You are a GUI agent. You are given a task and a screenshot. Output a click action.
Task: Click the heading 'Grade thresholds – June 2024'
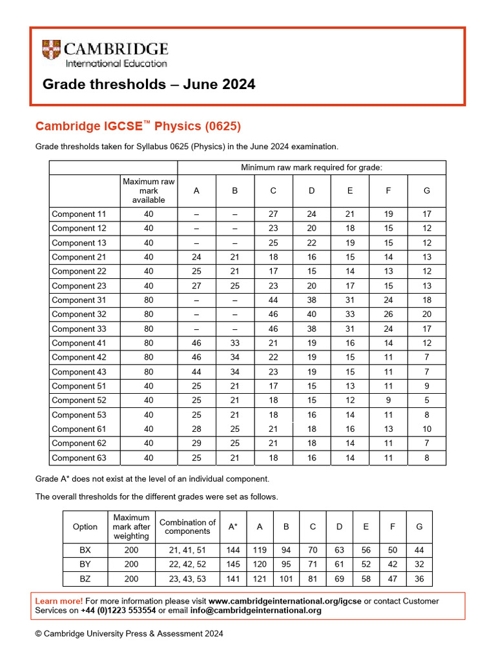[149, 85]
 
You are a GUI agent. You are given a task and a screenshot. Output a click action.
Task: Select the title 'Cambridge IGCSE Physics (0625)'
[138, 125]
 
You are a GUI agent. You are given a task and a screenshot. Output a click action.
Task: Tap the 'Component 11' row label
[79, 214]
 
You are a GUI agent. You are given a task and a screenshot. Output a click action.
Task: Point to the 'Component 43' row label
[79, 372]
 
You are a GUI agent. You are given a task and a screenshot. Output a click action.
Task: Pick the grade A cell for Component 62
[196, 443]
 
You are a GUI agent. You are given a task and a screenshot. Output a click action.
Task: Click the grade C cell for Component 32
[273, 314]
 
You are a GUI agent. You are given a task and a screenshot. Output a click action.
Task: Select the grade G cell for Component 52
[426, 400]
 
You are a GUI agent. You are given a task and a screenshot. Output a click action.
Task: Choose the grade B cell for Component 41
[235, 343]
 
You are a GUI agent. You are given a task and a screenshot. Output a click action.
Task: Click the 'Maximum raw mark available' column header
[149, 191]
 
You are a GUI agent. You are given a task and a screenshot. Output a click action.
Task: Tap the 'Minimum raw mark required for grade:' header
[311, 168]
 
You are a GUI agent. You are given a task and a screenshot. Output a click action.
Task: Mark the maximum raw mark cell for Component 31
[149, 300]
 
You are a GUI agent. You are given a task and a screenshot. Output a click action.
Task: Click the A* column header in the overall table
[233, 527]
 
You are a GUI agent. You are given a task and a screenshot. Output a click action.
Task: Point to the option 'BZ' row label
[85, 579]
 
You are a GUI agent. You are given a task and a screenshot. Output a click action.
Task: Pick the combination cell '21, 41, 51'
[187, 551]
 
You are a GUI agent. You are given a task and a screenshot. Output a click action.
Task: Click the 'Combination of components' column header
[187, 527]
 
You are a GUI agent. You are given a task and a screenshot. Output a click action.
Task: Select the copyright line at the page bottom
[129, 634]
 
